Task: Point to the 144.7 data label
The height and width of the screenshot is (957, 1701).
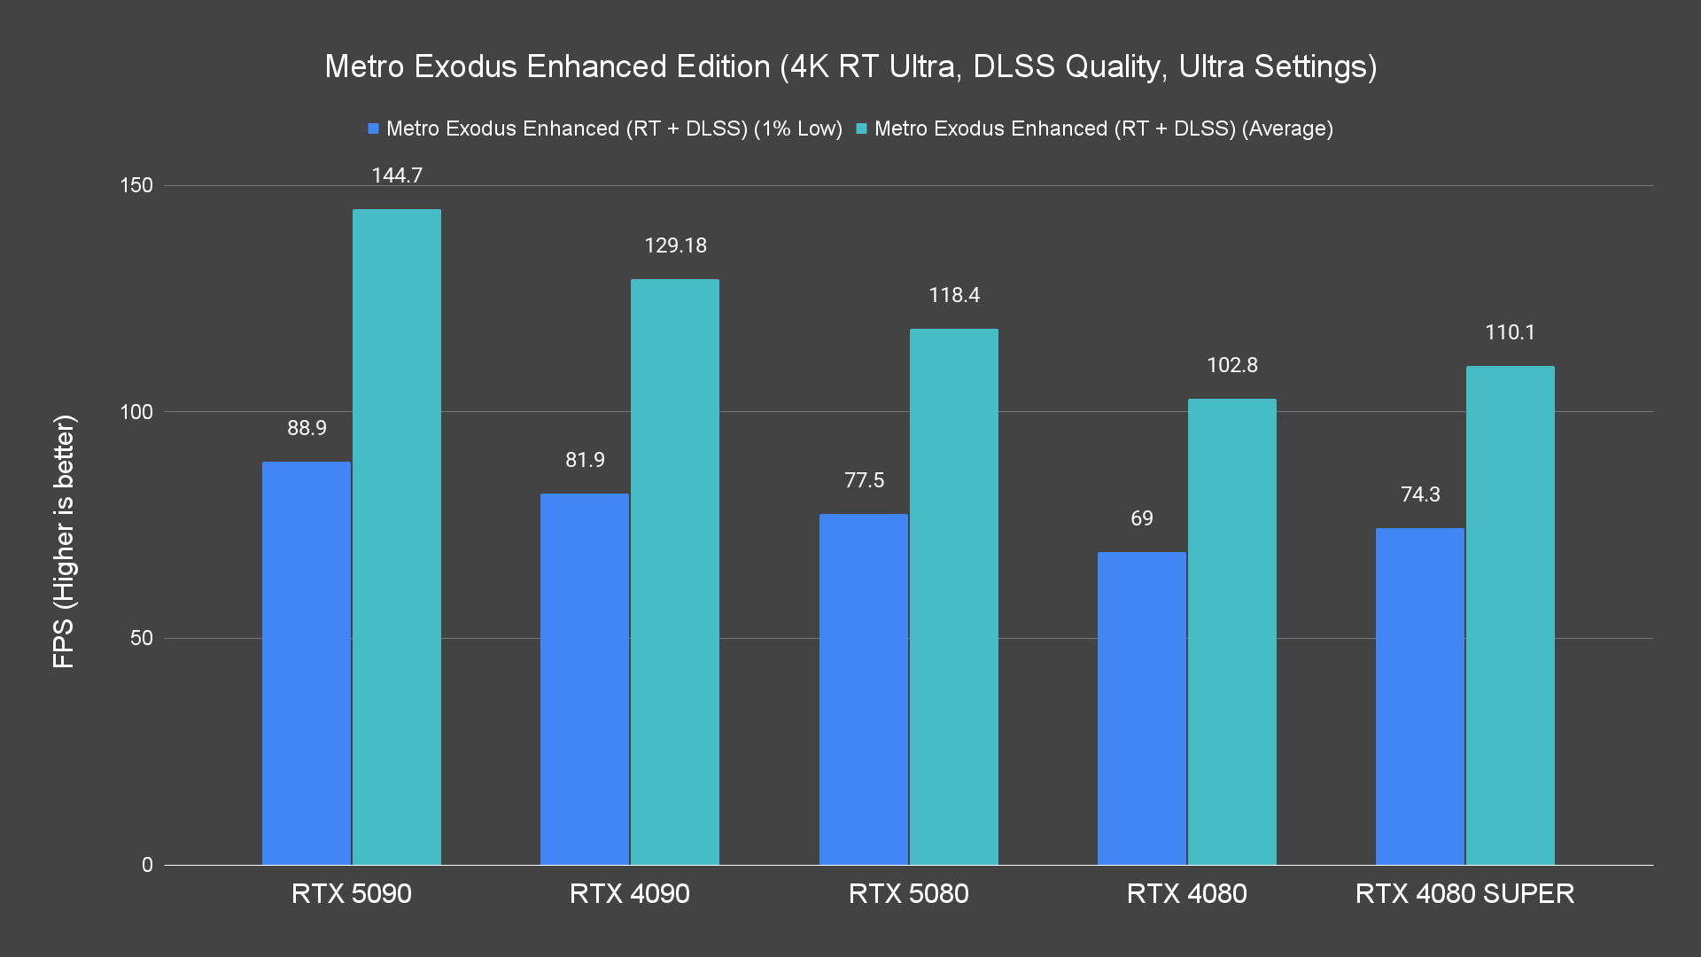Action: pyautogui.click(x=397, y=175)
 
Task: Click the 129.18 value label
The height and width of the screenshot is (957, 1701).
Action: pyautogui.click(x=675, y=245)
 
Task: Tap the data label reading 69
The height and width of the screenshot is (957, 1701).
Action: pyautogui.click(x=1142, y=518)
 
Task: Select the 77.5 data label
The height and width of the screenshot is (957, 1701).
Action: pyautogui.click(x=864, y=480)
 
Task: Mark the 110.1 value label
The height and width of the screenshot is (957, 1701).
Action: pyautogui.click(x=1510, y=332)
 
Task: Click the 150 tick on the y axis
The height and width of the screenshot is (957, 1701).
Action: pyautogui.click(x=136, y=185)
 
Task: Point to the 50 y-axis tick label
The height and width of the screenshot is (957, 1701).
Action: pyautogui.click(x=142, y=638)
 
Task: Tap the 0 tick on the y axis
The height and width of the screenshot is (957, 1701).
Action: pyautogui.click(x=147, y=865)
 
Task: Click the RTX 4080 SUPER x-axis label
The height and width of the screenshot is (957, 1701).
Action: pyautogui.click(x=1464, y=893)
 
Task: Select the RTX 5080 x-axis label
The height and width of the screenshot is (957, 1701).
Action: pyautogui.click(x=908, y=893)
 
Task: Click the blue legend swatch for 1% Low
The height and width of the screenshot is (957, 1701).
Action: pyautogui.click(x=374, y=128)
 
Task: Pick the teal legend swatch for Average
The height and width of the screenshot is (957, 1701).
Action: pyautogui.click(x=861, y=128)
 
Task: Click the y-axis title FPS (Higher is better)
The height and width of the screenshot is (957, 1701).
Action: pyautogui.click(x=64, y=541)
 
